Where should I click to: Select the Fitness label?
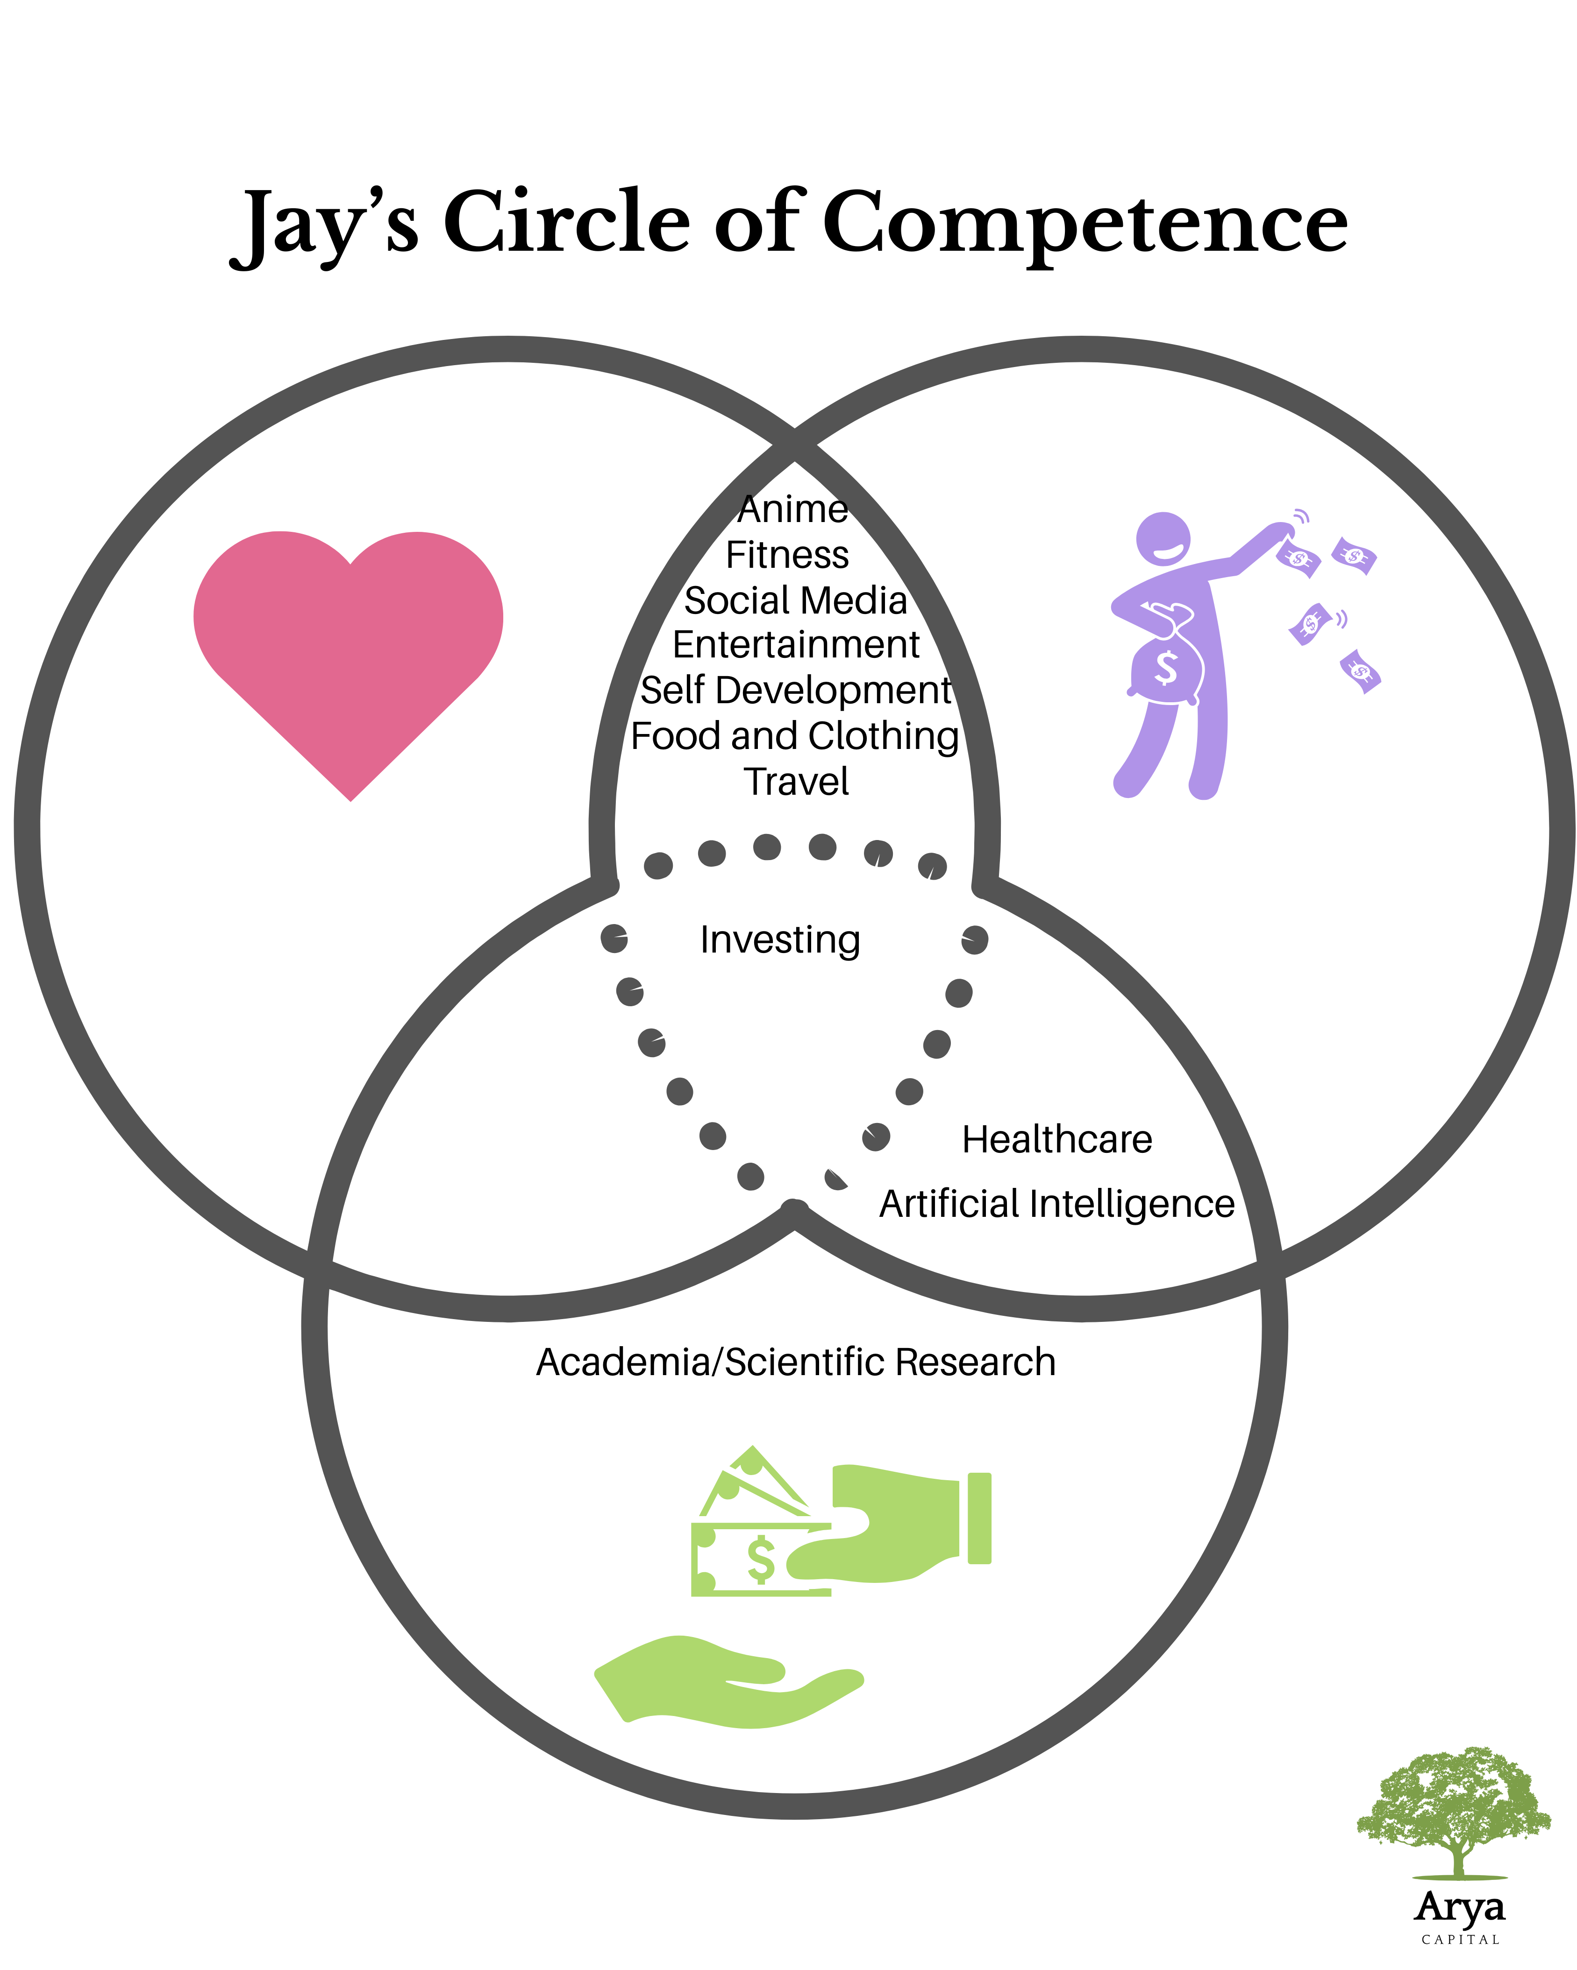coord(787,555)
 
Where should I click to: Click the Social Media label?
coord(795,600)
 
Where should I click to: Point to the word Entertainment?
coord(795,645)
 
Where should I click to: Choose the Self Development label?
coord(795,691)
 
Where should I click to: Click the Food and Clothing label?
coord(794,736)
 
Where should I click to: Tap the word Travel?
coord(795,782)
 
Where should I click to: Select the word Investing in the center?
coord(780,939)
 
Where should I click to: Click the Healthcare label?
coord(1057,1139)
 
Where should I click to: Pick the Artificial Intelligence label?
coord(1057,1204)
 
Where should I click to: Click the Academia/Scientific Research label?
coord(795,1362)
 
